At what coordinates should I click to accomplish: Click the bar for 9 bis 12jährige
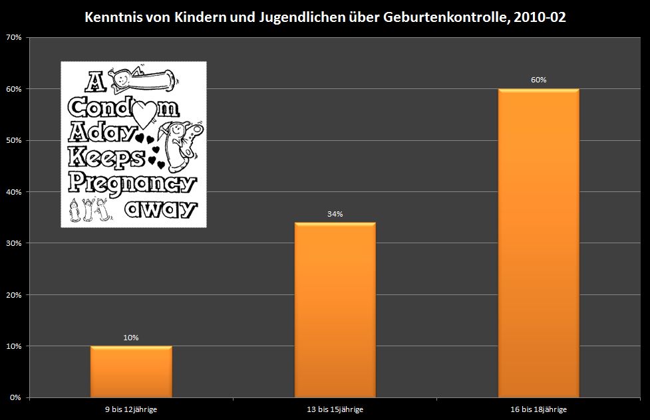(131, 371)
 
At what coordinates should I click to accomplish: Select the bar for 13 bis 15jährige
(335, 310)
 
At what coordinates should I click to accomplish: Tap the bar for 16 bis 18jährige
(538, 243)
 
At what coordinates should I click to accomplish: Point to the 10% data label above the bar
(131, 338)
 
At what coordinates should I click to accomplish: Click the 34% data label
(335, 214)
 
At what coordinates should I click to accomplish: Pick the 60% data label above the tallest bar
(538, 80)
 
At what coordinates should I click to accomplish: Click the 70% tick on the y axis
(15, 38)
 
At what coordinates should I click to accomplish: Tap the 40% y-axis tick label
(15, 192)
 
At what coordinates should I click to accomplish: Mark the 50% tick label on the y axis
(15, 141)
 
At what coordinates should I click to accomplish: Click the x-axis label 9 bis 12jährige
(131, 409)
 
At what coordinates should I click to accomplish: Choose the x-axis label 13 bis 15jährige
(335, 409)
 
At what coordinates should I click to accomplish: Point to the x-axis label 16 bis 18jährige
(538, 409)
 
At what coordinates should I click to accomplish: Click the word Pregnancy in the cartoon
(132, 183)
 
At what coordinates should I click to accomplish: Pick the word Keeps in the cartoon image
(106, 158)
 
